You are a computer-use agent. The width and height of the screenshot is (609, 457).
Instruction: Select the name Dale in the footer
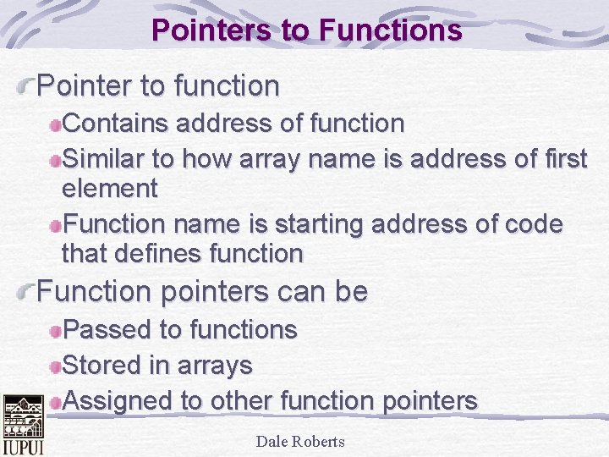click(x=272, y=441)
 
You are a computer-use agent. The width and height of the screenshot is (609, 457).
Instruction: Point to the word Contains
click(x=117, y=124)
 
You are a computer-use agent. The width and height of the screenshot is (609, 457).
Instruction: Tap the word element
click(x=110, y=188)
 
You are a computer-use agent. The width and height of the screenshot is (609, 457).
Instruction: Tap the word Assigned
click(x=118, y=401)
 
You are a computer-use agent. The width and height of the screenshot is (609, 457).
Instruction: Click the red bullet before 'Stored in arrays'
click(x=55, y=366)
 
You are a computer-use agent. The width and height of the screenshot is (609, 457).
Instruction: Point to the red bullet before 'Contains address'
click(x=55, y=125)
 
